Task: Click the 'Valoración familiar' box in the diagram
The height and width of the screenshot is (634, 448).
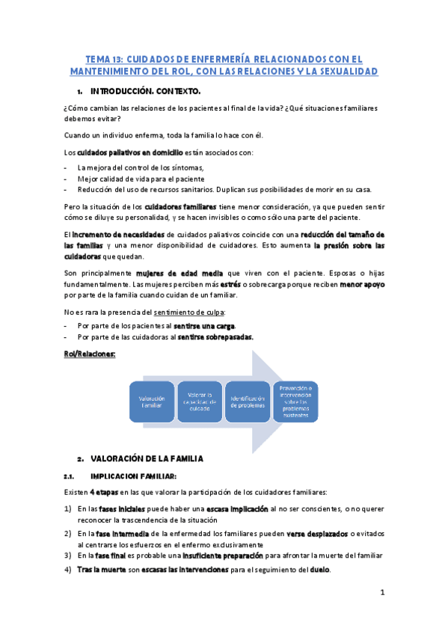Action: point(151,402)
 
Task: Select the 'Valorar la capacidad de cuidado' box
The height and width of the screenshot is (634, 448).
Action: point(200,402)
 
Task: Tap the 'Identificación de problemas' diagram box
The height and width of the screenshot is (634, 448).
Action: point(248,402)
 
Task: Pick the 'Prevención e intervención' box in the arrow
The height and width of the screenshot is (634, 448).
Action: point(297,402)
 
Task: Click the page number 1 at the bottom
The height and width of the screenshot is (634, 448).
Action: point(381,593)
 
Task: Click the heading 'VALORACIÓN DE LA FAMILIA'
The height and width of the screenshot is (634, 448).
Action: point(147,458)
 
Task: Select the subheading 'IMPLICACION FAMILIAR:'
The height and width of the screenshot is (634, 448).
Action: point(133,475)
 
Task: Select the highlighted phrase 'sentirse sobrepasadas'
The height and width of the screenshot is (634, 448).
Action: point(215,337)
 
